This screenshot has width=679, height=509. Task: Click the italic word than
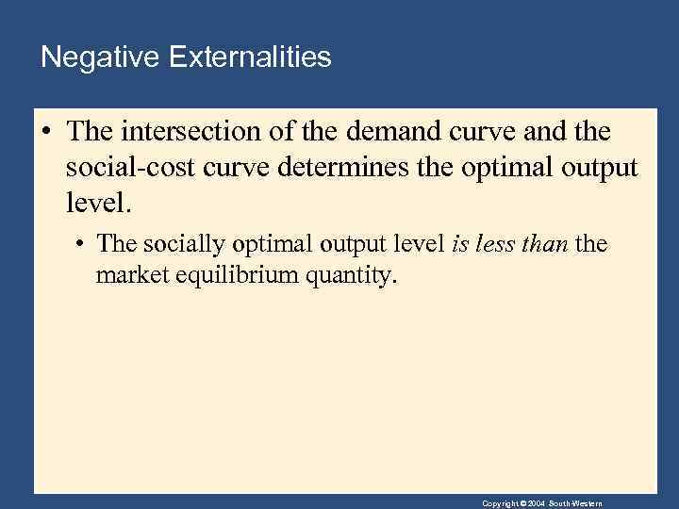point(544,245)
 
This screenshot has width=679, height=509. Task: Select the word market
point(130,276)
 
